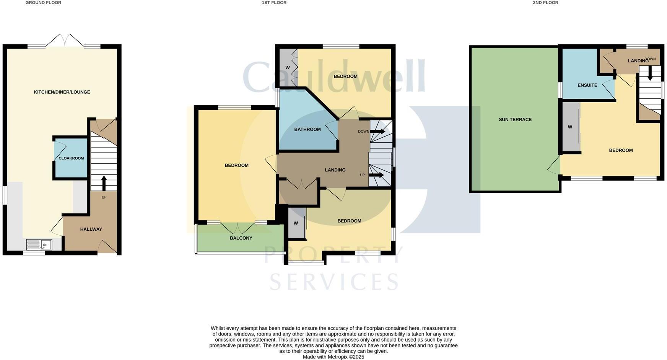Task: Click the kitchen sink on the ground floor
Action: pos(39,244)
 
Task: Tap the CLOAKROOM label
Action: pos(71,158)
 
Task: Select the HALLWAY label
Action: pos(91,229)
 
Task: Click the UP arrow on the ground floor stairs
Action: pos(104,183)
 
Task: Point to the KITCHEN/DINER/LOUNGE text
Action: pos(62,92)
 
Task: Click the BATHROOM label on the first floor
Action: pos(307,129)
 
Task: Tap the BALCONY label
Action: pos(241,238)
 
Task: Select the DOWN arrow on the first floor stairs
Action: pos(377,132)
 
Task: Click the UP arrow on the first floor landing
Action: pos(377,175)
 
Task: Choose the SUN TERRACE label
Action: pos(515,119)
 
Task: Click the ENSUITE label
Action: pos(587,85)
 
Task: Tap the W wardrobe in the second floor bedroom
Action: pos(570,127)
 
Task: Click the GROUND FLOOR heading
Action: pos(43,3)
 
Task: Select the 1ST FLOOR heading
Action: pos(274,3)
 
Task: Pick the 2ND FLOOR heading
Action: pos(545,3)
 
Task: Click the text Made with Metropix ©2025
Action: pos(333,357)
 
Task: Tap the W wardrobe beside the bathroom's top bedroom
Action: pos(288,68)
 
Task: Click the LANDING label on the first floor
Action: pos(335,170)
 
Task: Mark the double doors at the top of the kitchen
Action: pos(65,41)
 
